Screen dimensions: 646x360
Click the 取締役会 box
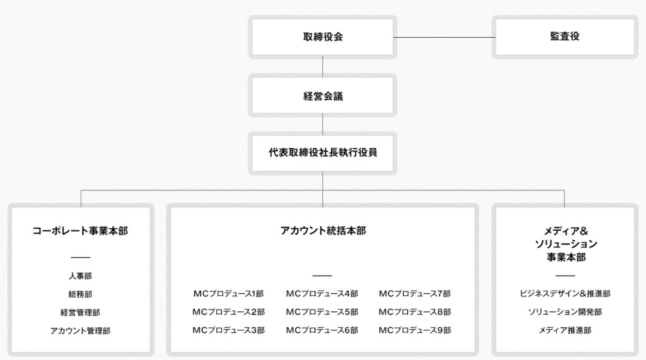point(322,37)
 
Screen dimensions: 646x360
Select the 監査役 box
point(565,37)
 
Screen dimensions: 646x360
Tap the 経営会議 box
point(322,96)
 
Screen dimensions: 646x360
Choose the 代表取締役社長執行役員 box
point(322,153)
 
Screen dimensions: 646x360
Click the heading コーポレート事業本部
point(80,231)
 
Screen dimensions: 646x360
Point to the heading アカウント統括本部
point(322,231)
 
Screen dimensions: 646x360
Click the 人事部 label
point(80,276)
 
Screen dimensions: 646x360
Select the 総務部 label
point(80,294)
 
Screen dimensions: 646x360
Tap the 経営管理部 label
point(80,312)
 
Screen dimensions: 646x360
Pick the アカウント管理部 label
point(80,330)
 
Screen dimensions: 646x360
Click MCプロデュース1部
point(228,294)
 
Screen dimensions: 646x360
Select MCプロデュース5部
point(322,312)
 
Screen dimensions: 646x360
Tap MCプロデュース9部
point(415,330)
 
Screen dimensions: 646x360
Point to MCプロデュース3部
point(228,330)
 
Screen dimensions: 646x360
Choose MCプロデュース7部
point(415,294)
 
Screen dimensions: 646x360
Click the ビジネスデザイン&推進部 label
point(565,294)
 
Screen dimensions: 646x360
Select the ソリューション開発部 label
point(565,312)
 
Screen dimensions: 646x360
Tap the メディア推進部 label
point(565,330)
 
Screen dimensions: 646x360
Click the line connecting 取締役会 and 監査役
point(445,37)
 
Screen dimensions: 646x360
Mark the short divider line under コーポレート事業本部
point(80,257)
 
